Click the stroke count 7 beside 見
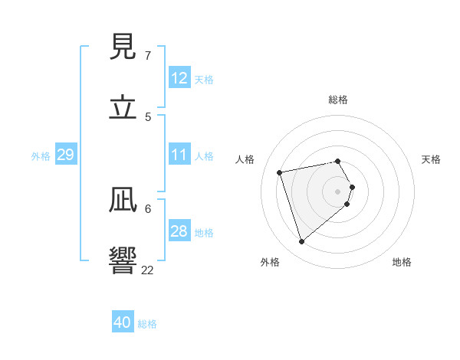pyautogui.click(x=148, y=56)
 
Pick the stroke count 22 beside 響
pyautogui.click(x=148, y=270)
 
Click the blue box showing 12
pyautogui.click(x=179, y=78)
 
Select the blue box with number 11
pyautogui.click(x=179, y=155)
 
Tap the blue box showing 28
pyautogui.click(x=179, y=231)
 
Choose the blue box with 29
pyautogui.click(x=65, y=155)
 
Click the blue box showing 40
pyautogui.click(x=123, y=322)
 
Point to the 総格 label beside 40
pyautogui.click(x=148, y=324)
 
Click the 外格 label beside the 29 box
pyautogui.click(x=41, y=156)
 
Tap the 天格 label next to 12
pyautogui.click(x=204, y=80)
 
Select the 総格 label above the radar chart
pyautogui.click(x=338, y=100)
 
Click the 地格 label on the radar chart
pyautogui.click(x=402, y=262)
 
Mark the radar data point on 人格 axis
pyautogui.click(x=280, y=172)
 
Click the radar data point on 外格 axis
pyautogui.click(x=301, y=241)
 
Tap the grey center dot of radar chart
pyautogui.click(x=338, y=191)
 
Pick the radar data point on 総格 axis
pyautogui.click(x=338, y=161)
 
